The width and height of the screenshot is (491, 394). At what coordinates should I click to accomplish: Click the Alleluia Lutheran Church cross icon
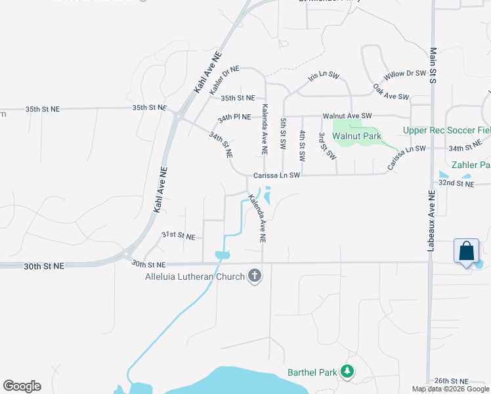tap(255, 276)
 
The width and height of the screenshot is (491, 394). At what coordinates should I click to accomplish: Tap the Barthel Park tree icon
tap(347, 372)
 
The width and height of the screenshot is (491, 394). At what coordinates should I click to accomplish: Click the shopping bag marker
tap(466, 252)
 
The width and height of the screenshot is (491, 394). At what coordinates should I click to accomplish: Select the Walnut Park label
tap(356, 137)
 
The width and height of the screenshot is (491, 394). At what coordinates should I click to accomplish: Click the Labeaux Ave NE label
tap(431, 221)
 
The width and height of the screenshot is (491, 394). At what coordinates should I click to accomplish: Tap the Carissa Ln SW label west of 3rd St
tap(276, 175)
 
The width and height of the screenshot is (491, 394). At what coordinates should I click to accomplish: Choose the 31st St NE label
tap(179, 235)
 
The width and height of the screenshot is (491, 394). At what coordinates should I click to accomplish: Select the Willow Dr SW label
tap(405, 75)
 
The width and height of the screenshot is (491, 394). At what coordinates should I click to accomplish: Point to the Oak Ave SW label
tap(391, 92)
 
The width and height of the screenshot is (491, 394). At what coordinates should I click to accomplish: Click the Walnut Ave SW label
tap(347, 116)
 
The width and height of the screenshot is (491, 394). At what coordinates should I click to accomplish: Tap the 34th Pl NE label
tap(234, 118)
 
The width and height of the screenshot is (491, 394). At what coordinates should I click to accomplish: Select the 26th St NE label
tap(451, 381)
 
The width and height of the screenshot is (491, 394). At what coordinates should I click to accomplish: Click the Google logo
tap(22, 386)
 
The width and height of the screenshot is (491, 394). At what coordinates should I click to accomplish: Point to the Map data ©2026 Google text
tap(450, 389)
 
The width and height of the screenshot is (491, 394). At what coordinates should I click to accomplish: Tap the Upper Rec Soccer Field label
tap(446, 131)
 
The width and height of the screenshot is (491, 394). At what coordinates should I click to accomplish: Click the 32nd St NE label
tap(456, 185)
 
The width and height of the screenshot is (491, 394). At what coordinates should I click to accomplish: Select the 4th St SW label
tap(302, 146)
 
